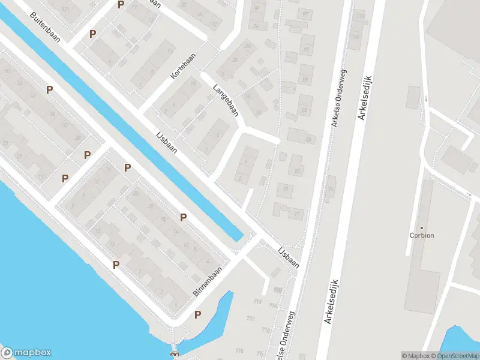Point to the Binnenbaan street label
tap(208, 281)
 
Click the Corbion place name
tap(421, 235)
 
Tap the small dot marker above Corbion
tap(421, 227)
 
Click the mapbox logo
tap(26, 353)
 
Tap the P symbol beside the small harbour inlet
tap(197, 314)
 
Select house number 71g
tap(266, 330)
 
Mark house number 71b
tap(239, 350)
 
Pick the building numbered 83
tap(309, 140)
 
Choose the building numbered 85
tap(304, 110)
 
